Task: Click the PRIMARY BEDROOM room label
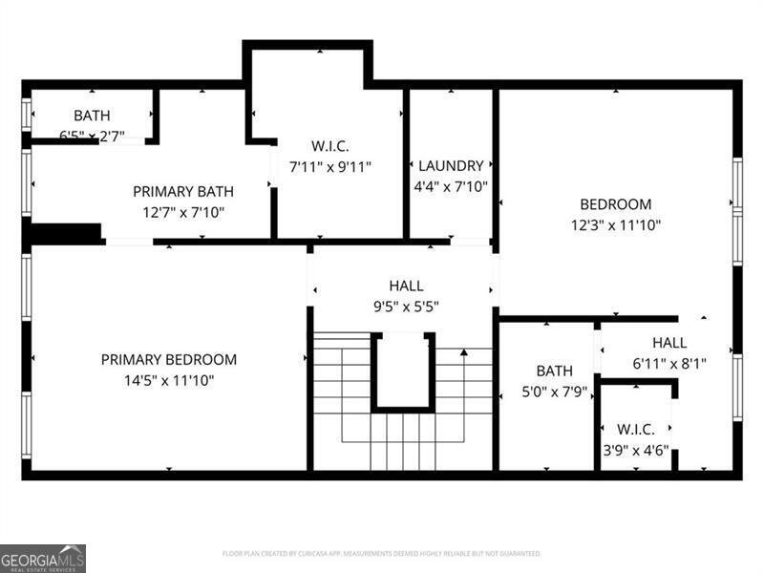coord(169,360)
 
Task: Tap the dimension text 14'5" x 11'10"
coord(169,380)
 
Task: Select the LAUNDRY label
coord(451,166)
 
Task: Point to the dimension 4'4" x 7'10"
coord(451,187)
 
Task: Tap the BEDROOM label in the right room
coord(616,204)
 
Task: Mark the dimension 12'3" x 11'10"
coord(616,225)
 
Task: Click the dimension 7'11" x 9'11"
coord(330,166)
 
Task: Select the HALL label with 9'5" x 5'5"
coord(406,286)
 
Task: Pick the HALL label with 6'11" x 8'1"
coord(668,343)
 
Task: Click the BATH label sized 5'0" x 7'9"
coord(555,371)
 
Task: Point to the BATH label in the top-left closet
coord(92,116)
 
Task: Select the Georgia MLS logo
coord(43,558)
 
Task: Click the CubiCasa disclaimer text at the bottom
coord(382,553)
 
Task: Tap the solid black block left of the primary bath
coord(65,233)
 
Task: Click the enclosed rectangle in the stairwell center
coord(403,371)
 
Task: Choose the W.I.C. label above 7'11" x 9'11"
coord(330,146)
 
